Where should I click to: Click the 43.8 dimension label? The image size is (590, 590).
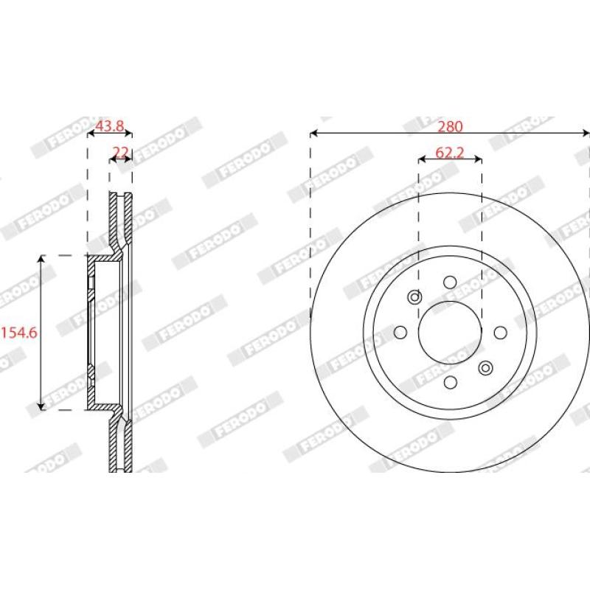click(109, 126)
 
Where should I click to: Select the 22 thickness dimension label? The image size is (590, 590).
click(121, 152)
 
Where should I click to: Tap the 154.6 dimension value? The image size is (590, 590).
click(20, 333)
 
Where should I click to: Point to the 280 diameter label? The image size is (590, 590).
click(450, 127)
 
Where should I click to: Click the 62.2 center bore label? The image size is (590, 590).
click(450, 153)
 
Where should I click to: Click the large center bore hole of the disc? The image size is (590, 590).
click(450, 333)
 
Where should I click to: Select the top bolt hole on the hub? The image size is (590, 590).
click(450, 282)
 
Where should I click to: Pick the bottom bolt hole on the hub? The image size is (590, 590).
click(450, 383)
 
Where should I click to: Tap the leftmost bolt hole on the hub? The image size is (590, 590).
click(400, 333)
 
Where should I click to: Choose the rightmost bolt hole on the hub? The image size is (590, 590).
click(501, 333)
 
